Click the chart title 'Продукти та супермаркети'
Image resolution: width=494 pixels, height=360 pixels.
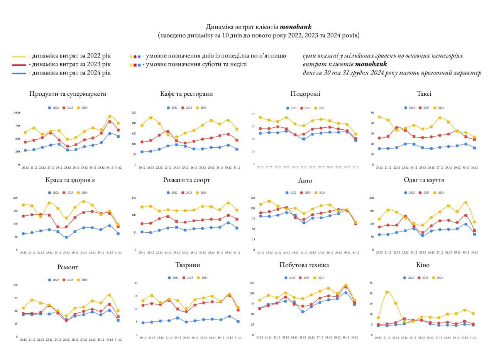pyautogui.click(x=68, y=94)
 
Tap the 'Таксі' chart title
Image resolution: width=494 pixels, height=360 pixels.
pyautogui.click(x=424, y=94)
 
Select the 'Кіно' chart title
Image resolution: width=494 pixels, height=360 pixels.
pyautogui.click(x=423, y=265)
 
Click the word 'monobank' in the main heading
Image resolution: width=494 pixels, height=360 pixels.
pyautogui.click(x=296, y=27)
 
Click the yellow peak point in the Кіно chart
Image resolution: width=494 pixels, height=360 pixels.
pyautogui.click(x=387, y=292)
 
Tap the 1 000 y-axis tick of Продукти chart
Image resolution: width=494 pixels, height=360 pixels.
pyautogui.click(x=16, y=113)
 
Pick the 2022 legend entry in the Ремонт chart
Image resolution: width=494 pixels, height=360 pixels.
pyautogui.click(x=53, y=280)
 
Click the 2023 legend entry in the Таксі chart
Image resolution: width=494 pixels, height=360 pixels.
pyautogui.click(x=424, y=108)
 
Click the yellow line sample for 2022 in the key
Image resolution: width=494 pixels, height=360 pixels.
pyautogui.click(x=19, y=56)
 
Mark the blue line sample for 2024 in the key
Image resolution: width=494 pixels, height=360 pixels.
pyautogui.click(x=19, y=73)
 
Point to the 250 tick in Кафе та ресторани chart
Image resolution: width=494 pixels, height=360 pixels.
pyautogui.click(x=134, y=113)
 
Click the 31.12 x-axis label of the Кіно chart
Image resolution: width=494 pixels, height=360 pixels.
pyautogui.click(x=473, y=338)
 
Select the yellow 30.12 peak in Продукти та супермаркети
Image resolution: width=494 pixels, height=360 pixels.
pyautogui.click(x=110, y=116)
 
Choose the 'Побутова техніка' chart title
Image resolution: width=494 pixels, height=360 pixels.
pyautogui.click(x=304, y=265)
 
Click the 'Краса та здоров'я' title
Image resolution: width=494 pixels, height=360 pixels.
pyautogui.click(x=68, y=180)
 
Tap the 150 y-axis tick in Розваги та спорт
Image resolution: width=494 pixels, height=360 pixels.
pyautogui.click(x=134, y=198)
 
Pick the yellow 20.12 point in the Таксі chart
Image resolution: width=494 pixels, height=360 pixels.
pyautogui.click(x=379, y=117)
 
